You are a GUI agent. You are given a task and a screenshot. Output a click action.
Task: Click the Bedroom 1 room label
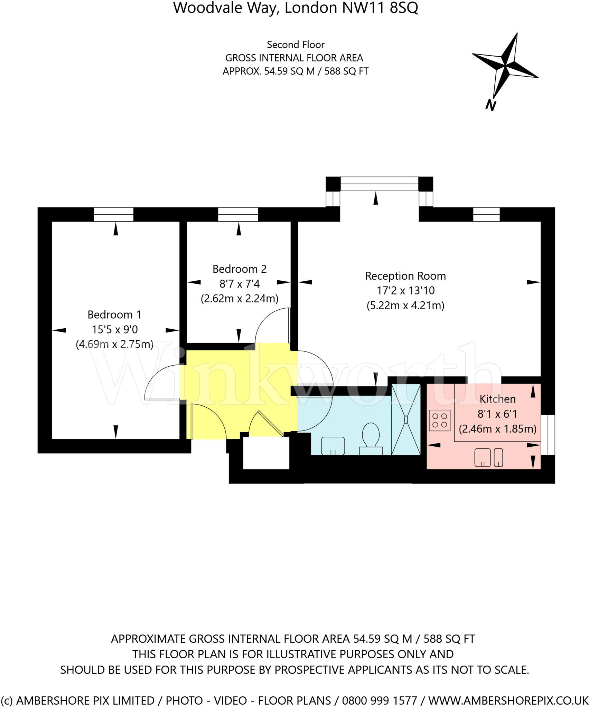click(x=114, y=314)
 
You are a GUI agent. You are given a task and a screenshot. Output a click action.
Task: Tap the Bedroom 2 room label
click(x=239, y=269)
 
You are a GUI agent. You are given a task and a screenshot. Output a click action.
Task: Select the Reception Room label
click(x=405, y=276)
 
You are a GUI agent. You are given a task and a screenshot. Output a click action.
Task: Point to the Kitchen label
click(x=497, y=399)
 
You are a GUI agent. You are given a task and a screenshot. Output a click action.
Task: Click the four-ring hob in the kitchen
click(x=440, y=420)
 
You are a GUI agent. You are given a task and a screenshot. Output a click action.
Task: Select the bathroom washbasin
click(x=333, y=446)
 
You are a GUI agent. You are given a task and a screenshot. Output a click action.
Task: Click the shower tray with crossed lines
click(x=406, y=419)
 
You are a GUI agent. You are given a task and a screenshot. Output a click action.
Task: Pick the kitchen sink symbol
click(x=488, y=457)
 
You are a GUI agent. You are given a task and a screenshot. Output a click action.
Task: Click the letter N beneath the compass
click(x=490, y=105)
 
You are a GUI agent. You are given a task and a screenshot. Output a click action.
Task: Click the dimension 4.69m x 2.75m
click(x=114, y=344)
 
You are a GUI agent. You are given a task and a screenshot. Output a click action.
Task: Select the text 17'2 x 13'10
click(x=405, y=291)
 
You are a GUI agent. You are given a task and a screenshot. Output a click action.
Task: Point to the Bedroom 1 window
click(x=114, y=214)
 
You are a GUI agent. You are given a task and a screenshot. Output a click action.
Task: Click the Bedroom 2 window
click(x=238, y=214)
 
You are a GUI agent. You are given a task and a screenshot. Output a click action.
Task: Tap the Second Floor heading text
click(x=296, y=45)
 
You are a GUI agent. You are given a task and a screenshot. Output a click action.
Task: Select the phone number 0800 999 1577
click(x=379, y=700)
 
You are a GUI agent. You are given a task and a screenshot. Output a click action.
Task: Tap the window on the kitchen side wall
click(x=548, y=435)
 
